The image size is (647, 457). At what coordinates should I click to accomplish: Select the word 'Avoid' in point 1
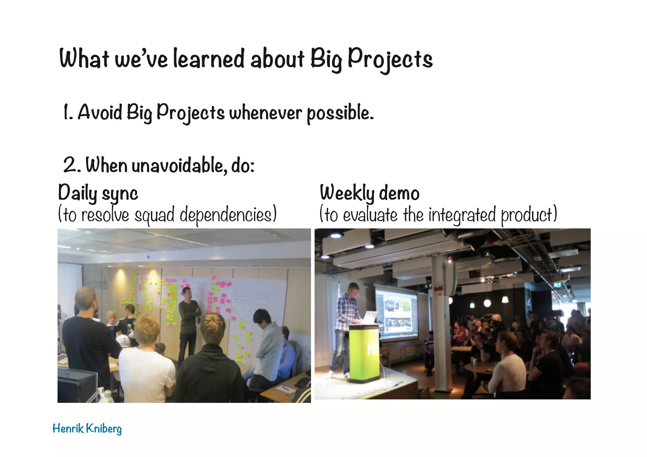[x=100, y=112]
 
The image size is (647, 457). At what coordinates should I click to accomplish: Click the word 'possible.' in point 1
[x=340, y=113]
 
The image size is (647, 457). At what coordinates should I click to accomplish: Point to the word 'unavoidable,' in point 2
[x=179, y=165]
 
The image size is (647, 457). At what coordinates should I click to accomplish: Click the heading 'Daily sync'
[x=98, y=193]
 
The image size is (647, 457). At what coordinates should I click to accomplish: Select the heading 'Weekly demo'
[x=369, y=193]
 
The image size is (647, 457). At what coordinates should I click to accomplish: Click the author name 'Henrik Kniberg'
[x=87, y=429]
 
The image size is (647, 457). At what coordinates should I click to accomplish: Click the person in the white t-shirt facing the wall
[x=147, y=363]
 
